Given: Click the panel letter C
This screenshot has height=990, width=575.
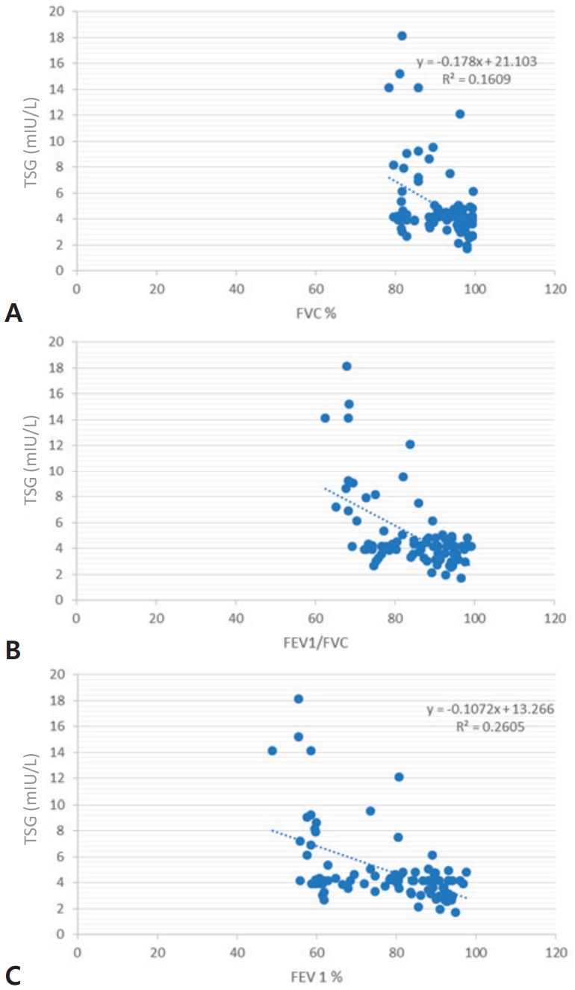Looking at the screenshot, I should (13, 976).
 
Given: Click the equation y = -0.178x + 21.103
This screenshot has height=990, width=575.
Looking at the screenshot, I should (476, 62).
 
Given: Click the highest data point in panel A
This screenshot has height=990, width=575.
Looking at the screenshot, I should (402, 36).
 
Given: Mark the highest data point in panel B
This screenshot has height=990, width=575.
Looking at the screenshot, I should (346, 366).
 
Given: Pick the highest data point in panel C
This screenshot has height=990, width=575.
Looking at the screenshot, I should (299, 699).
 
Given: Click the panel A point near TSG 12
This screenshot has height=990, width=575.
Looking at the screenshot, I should (460, 114).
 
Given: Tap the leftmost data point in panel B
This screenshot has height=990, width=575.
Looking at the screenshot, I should (325, 418).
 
